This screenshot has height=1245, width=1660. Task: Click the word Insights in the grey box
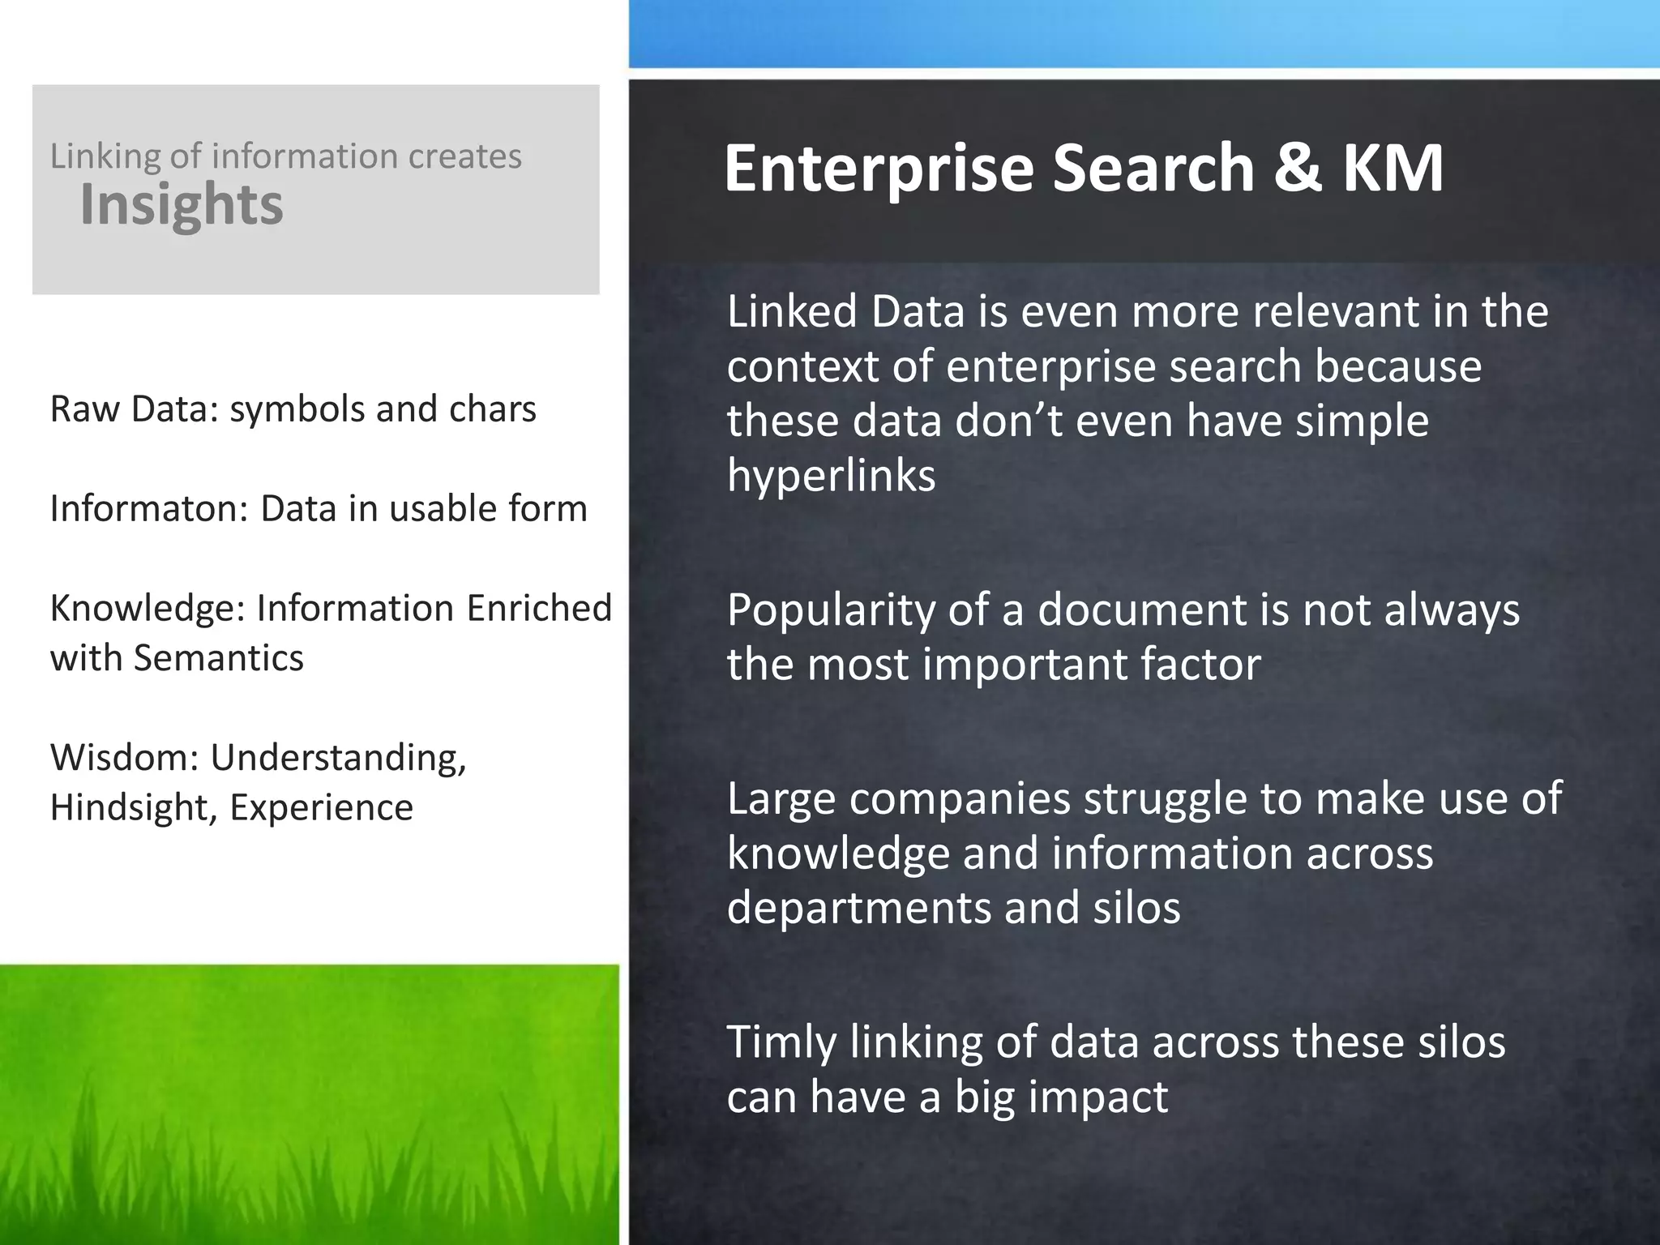tap(182, 204)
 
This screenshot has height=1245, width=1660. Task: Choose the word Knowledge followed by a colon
tap(148, 609)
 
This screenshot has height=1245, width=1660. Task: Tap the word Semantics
tap(219, 657)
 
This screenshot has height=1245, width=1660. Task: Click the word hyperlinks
tap(831, 475)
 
